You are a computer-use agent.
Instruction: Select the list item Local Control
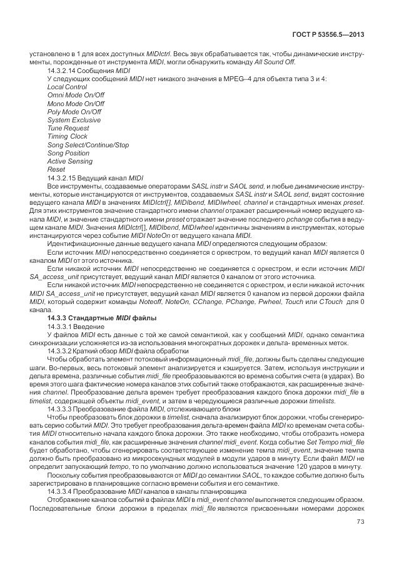[x=67, y=87]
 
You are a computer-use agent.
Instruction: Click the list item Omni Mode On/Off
[x=75, y=96]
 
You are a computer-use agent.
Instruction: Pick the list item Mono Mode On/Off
[x=76, y=104]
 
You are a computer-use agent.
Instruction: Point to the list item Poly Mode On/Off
[x=74, y=112]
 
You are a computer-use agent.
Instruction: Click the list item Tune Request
[x=69, y=128]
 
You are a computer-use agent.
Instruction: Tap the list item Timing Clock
[x=68, y=136]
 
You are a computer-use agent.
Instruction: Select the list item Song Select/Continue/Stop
[x=88, y=145]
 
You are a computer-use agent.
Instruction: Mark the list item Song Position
[x=68, y=153]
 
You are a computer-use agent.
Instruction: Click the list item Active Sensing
[x=70, y=161]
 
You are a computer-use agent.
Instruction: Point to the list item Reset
[x=56, y=169]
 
